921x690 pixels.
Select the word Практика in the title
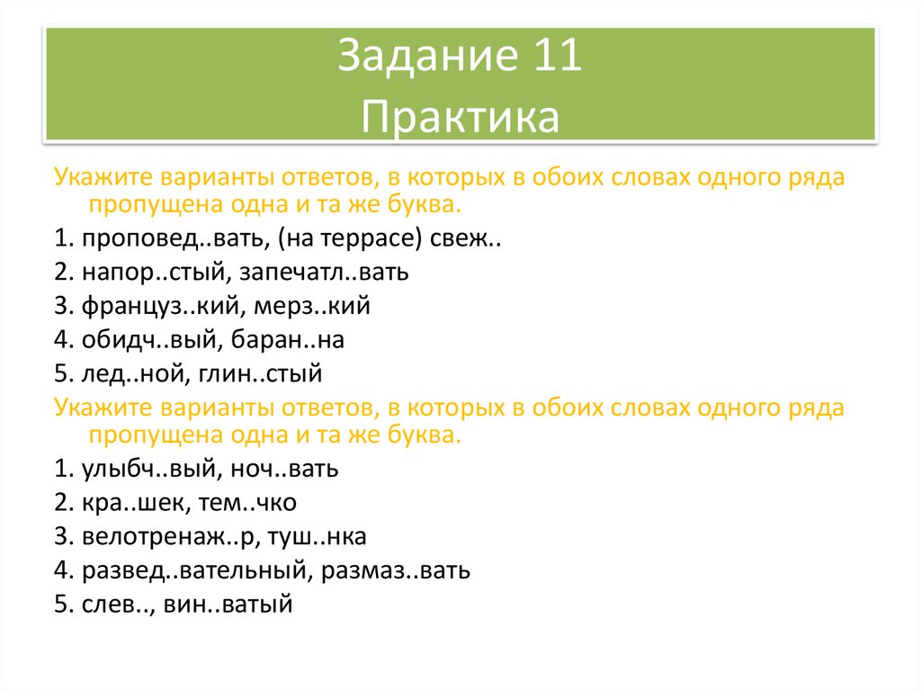point(460,116)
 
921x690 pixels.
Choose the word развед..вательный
point(189,569)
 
